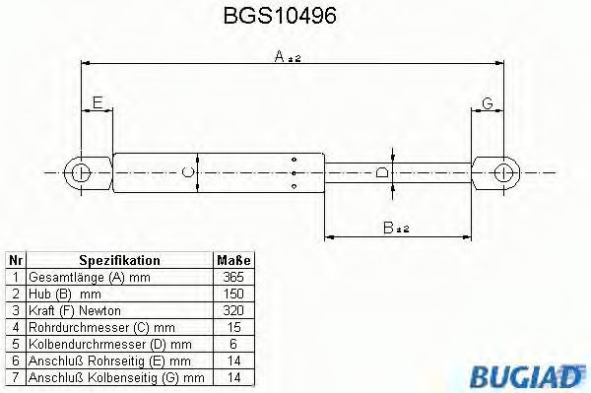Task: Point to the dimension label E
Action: tap(97, 102)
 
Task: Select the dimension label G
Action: tap(488, 102)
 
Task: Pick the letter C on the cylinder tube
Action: tap(189, 172)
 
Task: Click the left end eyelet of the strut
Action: tap(81, 172)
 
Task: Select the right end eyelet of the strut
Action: tap(503, 172)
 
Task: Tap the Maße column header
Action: tap(233, 261)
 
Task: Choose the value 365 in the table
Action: tap(233, 278)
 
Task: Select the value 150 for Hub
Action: tap(233, 295)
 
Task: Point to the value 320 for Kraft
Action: tap(233, 311)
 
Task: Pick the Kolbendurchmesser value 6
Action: tap(233, 345)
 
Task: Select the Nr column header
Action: tap(15, 261)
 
